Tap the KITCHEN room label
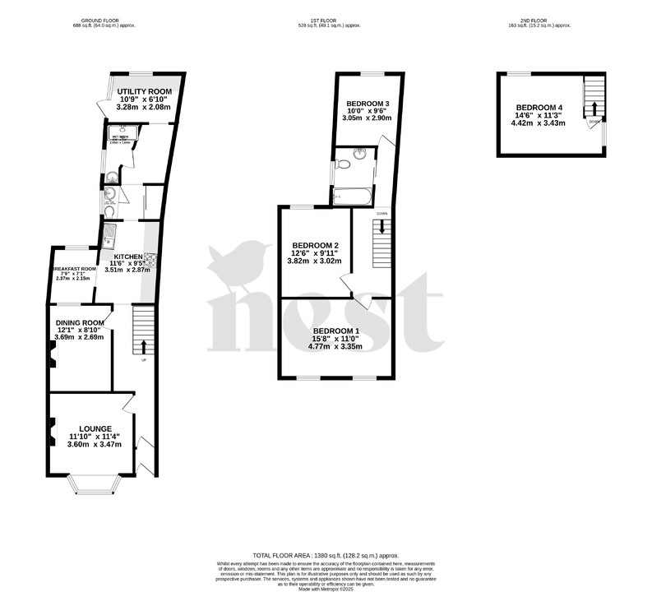click(x=128, y=257)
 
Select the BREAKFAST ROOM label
click(x=74, y=270)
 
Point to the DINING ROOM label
click(x=81, y=322)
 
